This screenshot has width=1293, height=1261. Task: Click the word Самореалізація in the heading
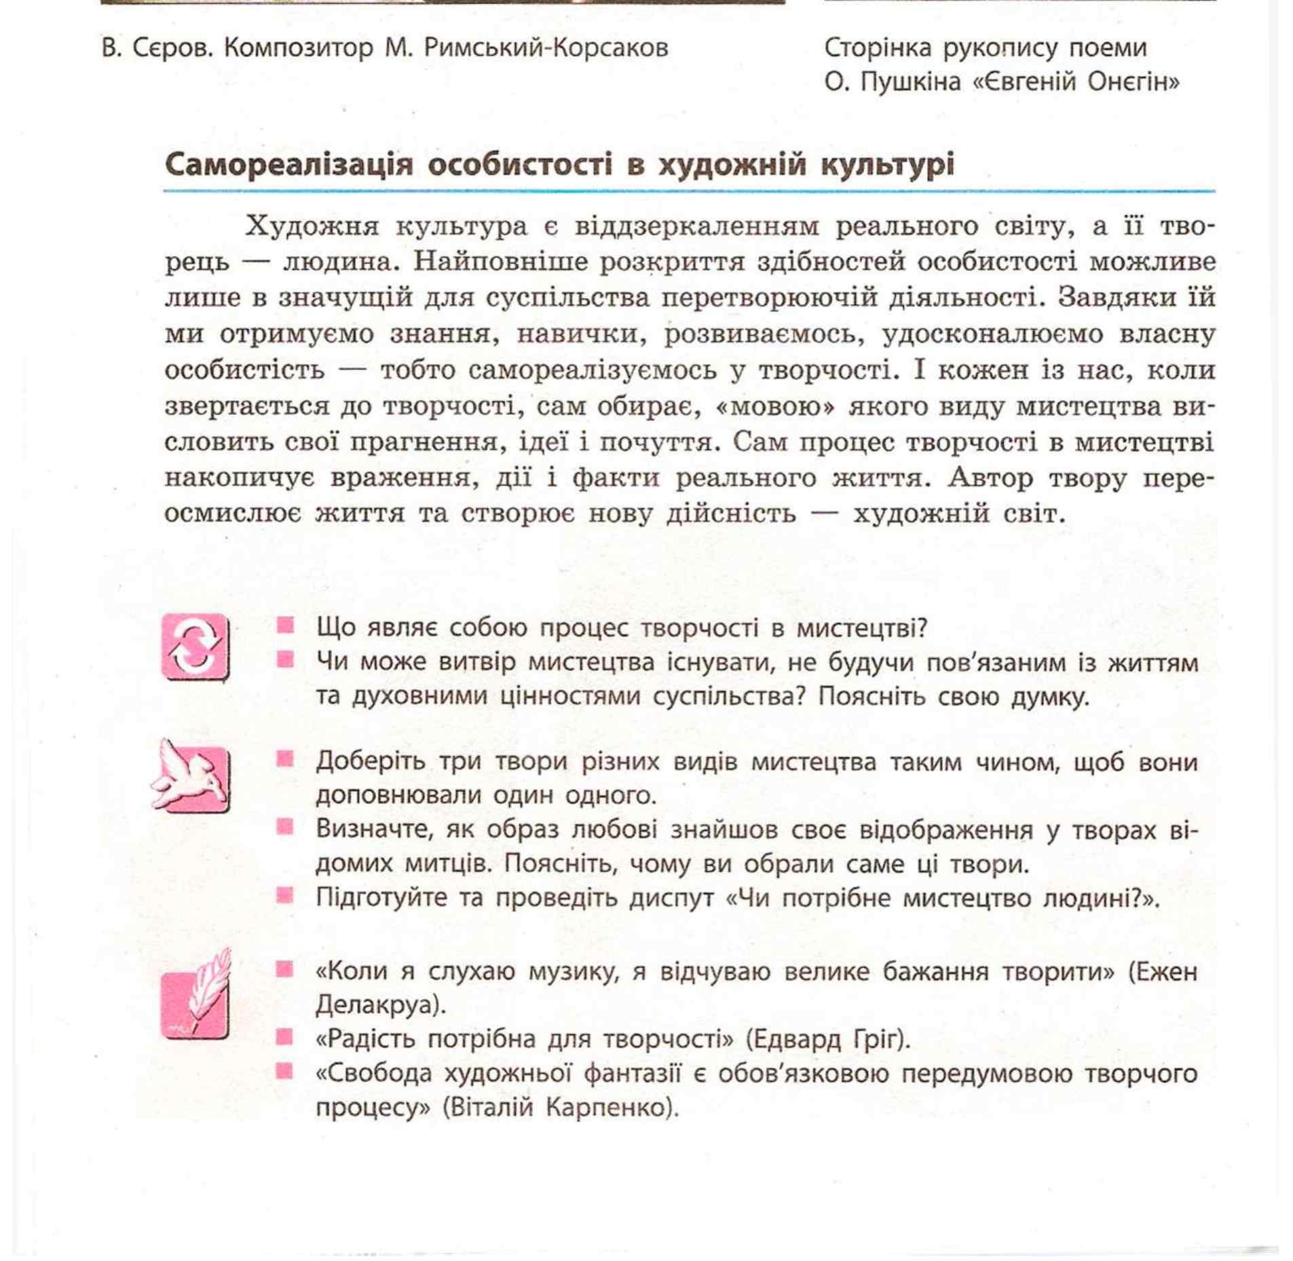pos(288,165)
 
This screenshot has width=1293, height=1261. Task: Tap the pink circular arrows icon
pos(195,646)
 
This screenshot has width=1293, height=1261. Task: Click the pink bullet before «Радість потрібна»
pos(285,1038)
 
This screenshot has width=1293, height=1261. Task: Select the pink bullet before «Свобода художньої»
pos(285,1072)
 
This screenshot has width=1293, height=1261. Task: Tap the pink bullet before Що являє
pos(285,625)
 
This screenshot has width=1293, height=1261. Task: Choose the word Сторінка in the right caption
pos(874,48)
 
